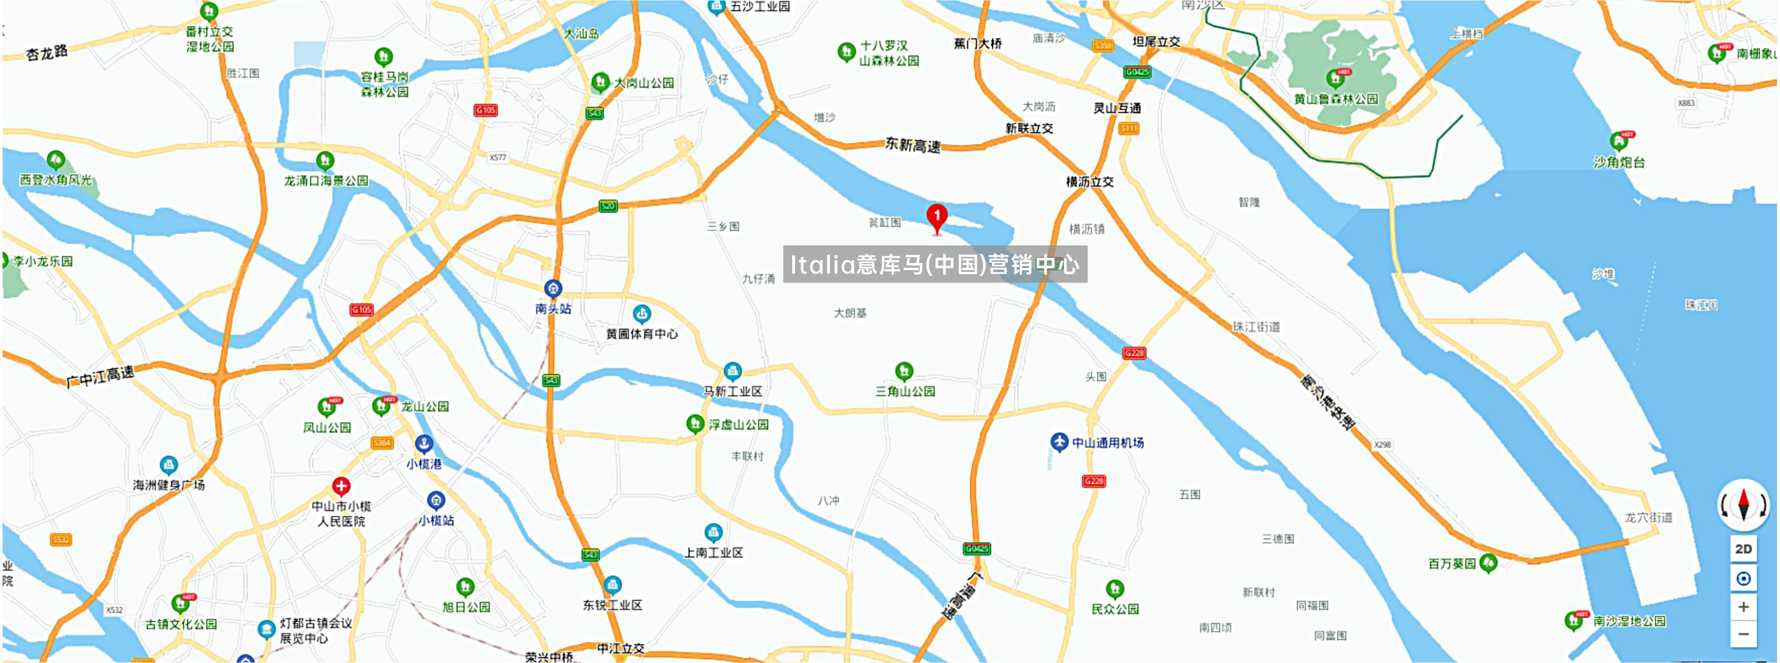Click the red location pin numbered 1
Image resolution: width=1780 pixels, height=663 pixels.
[x=936, y=217]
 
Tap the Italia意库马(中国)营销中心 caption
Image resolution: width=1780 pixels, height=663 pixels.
[x=934, y=264]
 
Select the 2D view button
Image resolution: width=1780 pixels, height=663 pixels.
[x=1743, y=549]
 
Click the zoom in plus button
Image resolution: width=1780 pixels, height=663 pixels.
[x=1743, y=607]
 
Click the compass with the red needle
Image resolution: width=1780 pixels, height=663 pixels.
[x=1743, y=504]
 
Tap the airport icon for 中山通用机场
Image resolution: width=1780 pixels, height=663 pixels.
[x=1058, y=441]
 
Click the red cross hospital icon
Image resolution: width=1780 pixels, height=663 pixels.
[x=341, y=486]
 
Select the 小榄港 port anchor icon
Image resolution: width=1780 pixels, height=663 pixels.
[x=424, y=443]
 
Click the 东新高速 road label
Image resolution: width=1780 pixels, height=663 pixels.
[x=913, y=145]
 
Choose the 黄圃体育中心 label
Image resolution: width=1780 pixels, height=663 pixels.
[x=642, y=334]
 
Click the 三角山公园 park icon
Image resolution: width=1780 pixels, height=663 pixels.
[x=904, y=371]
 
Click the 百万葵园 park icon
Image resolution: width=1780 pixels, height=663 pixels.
[x=1489, y=563]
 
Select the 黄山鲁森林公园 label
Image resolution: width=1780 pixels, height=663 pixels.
[x=1336, y=99]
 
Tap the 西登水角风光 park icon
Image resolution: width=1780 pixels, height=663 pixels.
[x=56, y=160]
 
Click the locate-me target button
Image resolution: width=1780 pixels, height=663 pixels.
[x=1743, y=578]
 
